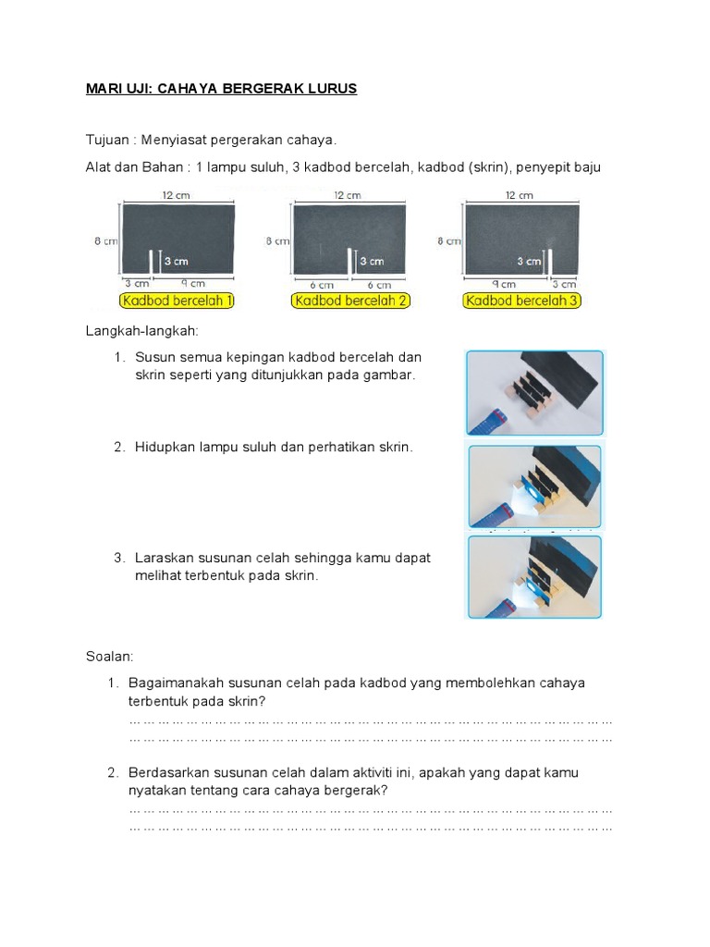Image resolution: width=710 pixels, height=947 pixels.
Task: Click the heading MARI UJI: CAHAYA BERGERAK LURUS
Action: pos(221,89)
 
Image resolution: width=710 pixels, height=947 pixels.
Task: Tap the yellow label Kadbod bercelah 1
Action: pos(176,301)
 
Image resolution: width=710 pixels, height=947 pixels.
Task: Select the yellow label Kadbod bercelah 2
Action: pos(349,301)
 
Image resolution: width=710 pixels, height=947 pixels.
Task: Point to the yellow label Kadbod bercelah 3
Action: pos(522,301)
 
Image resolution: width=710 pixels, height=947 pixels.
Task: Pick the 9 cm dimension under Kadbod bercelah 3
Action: pos(505,284)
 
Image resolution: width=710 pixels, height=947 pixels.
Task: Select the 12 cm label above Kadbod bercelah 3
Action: pos(520,195)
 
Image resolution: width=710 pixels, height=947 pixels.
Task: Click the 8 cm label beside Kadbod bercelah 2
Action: pos(276,240)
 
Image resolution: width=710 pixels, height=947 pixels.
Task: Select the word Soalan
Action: pos(109,656)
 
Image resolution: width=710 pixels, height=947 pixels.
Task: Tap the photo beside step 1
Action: pos(534,392)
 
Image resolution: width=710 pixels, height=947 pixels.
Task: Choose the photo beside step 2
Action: pos(534,486)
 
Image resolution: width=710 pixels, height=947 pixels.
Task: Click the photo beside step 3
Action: pos(534,576)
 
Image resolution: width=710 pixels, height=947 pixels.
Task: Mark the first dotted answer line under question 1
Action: pos(370,719)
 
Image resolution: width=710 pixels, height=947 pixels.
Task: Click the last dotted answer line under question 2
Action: pos(370,828)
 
